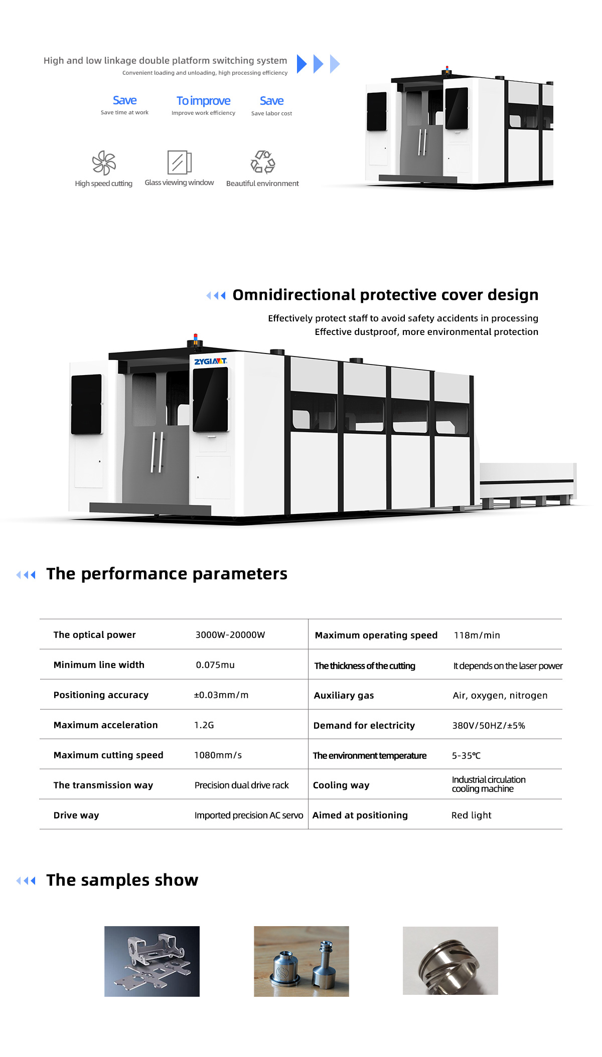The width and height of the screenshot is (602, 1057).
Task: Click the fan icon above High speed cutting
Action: coord(104,162)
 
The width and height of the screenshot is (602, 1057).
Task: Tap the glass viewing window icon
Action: coord(179,162)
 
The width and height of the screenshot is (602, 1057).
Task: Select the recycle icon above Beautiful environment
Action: coord(263,162)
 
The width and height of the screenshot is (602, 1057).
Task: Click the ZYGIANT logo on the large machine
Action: coord(211,362)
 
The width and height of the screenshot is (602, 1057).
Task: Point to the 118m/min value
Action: coord(477,635)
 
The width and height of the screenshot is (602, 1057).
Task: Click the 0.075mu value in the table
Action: coord(215,665)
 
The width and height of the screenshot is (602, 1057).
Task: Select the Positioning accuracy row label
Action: coord(101,695)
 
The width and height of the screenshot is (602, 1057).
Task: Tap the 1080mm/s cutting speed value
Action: coord(218,755)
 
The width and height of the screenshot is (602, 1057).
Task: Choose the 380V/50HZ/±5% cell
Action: coord(489,726)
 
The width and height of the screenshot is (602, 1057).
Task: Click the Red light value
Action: coord(472,815)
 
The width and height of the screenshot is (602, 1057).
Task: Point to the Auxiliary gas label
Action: coord(344,695)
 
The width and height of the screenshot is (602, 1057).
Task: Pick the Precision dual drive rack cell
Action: coord(242,785)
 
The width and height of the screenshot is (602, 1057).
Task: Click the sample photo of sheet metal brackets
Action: coord(152,961)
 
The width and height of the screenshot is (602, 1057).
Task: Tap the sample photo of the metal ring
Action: coord(450,961)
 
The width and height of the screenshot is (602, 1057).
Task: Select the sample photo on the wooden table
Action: coord(302,961)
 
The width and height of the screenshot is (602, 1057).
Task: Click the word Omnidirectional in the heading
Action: coord(294,295)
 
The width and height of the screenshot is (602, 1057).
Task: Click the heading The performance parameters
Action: coord(167,574)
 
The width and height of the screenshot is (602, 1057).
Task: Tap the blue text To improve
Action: coord(204,101)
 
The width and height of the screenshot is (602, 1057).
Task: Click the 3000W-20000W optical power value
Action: coord(230,635)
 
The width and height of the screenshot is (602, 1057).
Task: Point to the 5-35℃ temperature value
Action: coord(467,756)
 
